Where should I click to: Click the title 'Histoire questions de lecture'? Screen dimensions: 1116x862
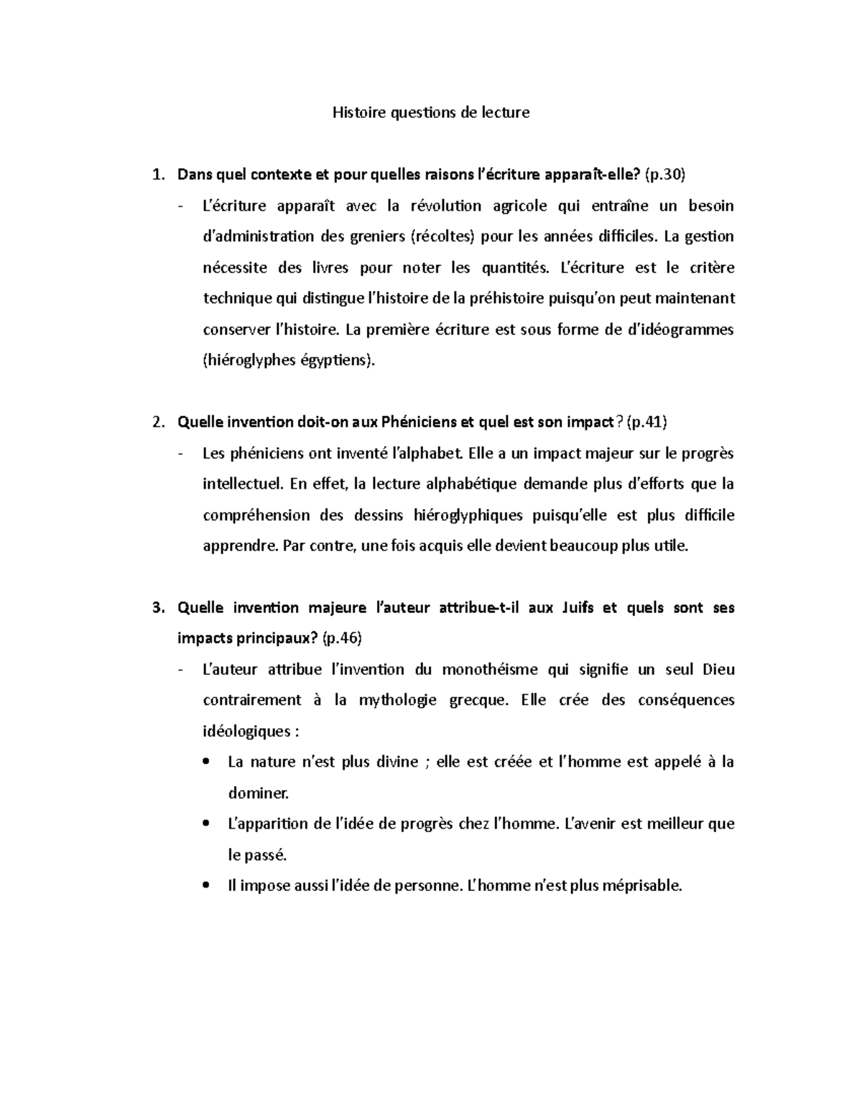430,113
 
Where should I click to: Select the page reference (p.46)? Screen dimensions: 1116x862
342,638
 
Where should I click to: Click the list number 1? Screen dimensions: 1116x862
157,175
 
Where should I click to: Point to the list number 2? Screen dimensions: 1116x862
157,423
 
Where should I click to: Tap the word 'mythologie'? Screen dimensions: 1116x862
397,700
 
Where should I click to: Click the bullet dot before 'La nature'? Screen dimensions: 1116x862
207,762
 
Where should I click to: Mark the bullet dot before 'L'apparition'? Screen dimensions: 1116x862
207,824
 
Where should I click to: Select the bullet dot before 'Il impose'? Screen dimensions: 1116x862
207,886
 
